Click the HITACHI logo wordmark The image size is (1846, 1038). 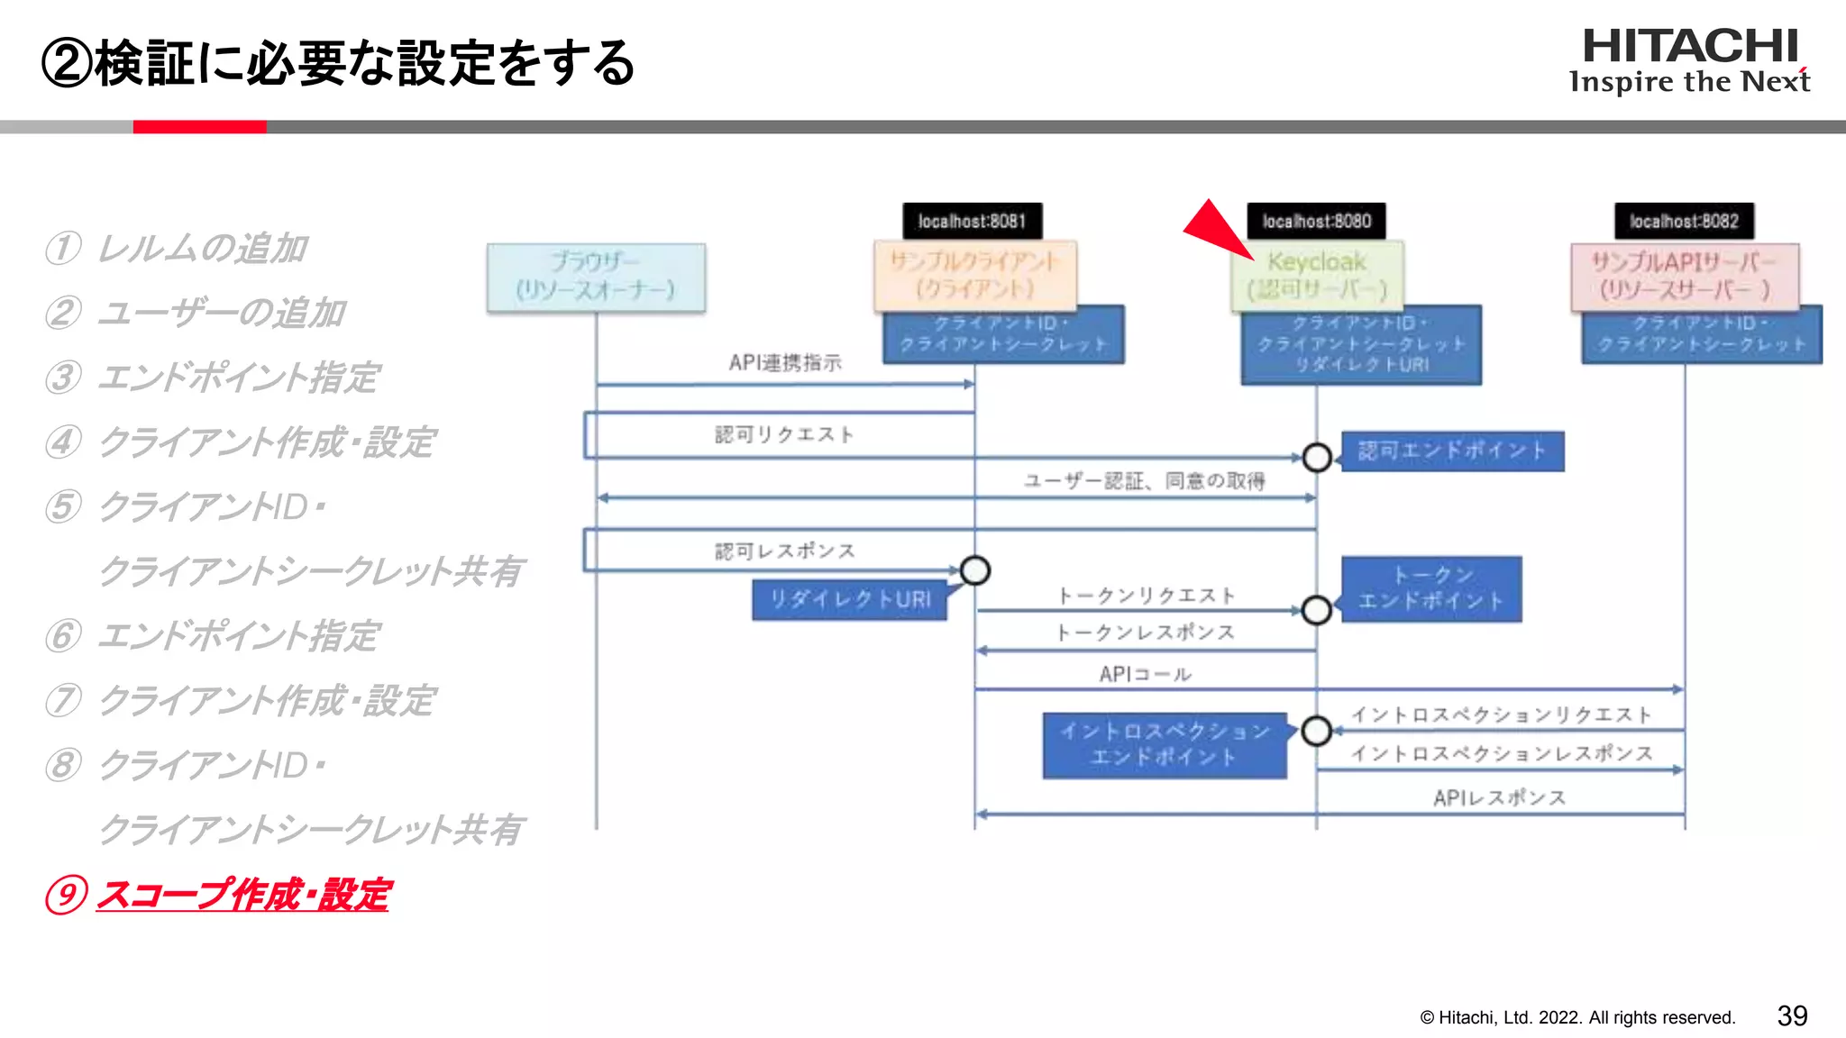click(x=1690, y=47)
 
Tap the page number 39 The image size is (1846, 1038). click(x=1792, y=1015)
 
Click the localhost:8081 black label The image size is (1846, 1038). click(x=972, y=221)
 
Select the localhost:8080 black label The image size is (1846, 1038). click(x=1316, y=221)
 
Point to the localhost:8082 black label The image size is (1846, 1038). click(x=1684, y=221)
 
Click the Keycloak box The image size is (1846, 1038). click(x=1317, y=276)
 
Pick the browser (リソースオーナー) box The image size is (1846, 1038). click(x=596, y=277)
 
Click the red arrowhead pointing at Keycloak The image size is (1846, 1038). click(x=1215, y=229)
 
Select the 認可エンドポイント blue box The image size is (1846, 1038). click(x=1452, y=451)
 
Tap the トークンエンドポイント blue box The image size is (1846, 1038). click(x=1431, y=588)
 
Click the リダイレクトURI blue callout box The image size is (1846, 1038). click(x=849, y=600)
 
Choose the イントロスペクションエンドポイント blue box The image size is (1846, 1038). click(x=1165, y=744)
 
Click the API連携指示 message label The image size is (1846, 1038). click(x=785, y=362)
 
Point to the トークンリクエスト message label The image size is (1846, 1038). click(x=1146, y=596)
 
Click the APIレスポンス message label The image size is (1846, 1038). click(x=1499, y=797)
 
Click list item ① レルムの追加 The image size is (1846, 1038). click(x=178, y=249)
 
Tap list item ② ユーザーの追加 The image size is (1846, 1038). click(x=196, y=313)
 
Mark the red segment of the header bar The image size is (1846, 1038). click(x=199, y=127)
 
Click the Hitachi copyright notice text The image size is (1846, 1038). click(x=1577, y=1017)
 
